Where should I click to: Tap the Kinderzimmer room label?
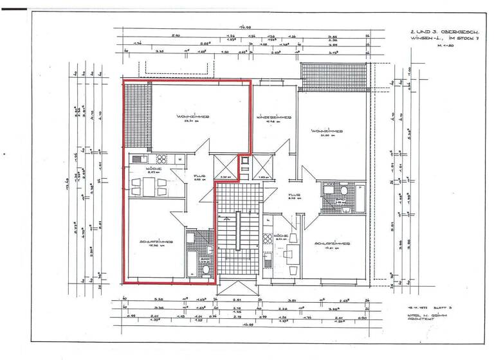pyautogui.click(x=275, y=118)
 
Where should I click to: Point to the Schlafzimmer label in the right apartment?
pyautogui.click(x=332, y=244)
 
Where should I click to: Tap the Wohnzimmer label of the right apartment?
pyautogui.click(x=327, y=130)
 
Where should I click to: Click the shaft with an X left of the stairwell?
pyautogui.click(x=224, y=165)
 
